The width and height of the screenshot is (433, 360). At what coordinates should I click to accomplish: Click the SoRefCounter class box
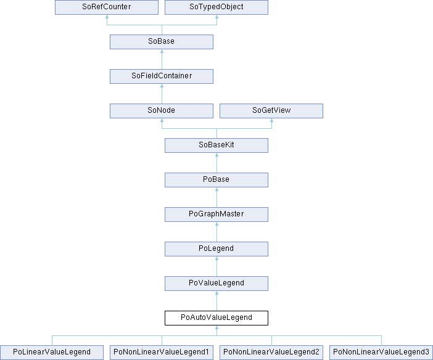point(107,7)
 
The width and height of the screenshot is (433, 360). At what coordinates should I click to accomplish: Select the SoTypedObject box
point(216,7)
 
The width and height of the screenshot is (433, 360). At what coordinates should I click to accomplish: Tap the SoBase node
point(162,42)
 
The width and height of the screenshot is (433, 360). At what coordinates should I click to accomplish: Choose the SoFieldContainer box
point(162,76)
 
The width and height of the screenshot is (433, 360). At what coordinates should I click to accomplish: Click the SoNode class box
point(162,111)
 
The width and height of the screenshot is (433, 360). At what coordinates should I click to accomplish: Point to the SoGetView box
point(271,111)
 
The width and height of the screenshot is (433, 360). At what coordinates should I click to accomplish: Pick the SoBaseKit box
point(216,145)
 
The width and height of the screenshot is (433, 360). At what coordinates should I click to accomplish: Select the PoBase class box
point(216,180)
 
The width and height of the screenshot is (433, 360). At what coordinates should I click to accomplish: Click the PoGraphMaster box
point(216,215)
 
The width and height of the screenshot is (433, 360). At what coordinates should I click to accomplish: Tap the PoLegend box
point(216,249)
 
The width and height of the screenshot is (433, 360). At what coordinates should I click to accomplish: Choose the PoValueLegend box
point(216,283)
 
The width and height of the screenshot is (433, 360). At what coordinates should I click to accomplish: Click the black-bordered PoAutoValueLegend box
point(216,317)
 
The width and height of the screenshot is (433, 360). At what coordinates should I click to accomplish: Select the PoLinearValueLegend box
point(52,353)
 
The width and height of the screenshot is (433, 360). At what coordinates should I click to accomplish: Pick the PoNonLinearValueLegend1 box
point(162,353)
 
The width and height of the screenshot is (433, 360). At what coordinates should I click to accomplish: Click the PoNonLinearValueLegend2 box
point(271,353)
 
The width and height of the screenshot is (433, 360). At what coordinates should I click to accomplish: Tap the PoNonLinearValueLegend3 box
point(381,353)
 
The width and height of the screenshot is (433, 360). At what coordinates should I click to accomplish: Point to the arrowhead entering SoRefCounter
point(107,17)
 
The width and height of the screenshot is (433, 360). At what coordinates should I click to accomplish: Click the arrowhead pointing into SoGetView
point(272,120)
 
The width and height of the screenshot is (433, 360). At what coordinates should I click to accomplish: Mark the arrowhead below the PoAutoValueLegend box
point(216,327)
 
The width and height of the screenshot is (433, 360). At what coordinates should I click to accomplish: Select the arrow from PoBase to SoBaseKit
point(216,163)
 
